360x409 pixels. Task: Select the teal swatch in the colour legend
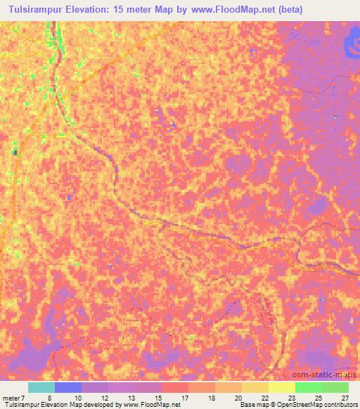click(x=41, y=387)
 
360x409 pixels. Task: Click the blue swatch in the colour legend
click(x=68, y=387)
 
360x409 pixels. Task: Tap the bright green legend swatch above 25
click(x=308, y=387)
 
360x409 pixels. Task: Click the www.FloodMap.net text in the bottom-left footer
click(x=150, y=405)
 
